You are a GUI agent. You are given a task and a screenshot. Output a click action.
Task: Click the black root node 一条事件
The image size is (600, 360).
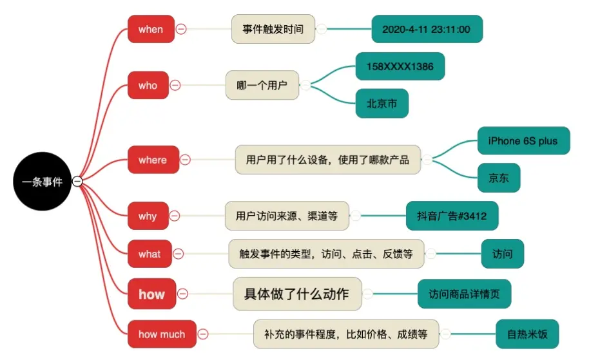click(x=43, y=182)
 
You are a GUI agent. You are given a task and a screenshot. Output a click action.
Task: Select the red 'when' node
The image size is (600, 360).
click(x=151, y=29)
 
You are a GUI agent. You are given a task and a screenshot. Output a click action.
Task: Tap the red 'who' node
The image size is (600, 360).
click(x=148, y=85)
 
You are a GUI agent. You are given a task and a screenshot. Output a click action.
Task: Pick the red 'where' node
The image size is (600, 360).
click(x=152, y=160)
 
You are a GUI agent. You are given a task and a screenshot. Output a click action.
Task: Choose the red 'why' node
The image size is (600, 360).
click(x=148, y=216)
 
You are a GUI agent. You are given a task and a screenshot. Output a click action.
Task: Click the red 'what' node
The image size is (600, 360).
click(x=149, y=254)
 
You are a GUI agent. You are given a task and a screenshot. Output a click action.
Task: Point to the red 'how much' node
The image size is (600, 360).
click(x=161, y=334)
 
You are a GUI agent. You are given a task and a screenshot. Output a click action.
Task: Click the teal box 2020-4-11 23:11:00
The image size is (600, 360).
click(x=427, y=29)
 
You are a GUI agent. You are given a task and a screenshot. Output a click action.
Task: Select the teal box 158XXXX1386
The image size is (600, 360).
click(x=400, y=66)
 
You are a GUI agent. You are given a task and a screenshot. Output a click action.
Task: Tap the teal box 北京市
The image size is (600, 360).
click(x=382, y=103)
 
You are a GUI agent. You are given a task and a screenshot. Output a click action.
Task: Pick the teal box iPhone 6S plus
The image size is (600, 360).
click(x=523, y=140)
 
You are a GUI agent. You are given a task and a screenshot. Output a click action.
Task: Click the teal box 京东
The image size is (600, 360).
click(x=499, y=178)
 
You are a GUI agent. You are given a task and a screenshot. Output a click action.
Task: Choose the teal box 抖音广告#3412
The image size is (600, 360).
click(x=452, y=216)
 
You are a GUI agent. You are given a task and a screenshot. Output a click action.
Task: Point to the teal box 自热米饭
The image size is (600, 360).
click(x=527, y=334)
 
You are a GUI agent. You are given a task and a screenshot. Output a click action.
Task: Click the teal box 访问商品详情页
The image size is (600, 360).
click(x=464, y=294)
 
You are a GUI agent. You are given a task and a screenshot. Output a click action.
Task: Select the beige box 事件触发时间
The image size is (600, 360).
click(x=273, y=29)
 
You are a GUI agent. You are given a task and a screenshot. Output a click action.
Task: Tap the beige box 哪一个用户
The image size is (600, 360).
click(x=262, y=85)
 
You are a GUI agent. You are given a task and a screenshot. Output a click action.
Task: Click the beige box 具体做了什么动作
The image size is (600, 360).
click(x=296, y=294)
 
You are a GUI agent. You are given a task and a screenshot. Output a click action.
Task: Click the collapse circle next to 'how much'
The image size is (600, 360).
click(x=203, y=334)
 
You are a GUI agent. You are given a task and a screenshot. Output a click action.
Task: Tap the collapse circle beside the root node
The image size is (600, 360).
click(x=77, y=182)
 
